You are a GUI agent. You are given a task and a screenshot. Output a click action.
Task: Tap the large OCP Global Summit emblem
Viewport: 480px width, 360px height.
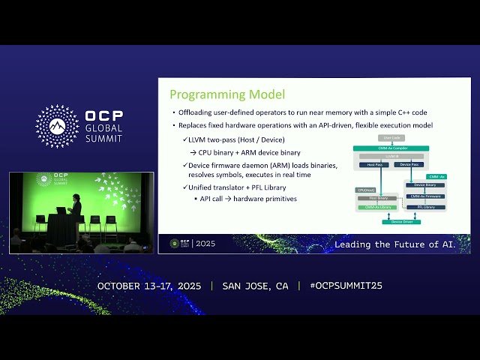[x=57, y=126]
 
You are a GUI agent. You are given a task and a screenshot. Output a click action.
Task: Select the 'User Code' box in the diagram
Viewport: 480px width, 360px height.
[x=392, y=138]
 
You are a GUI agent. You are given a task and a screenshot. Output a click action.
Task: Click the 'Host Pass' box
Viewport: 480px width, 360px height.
[x=370, y=164]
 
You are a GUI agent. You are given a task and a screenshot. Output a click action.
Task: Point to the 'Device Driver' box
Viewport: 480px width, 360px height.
[x=401, y=222]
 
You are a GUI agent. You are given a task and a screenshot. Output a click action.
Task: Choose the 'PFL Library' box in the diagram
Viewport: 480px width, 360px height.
[x=425, y=207]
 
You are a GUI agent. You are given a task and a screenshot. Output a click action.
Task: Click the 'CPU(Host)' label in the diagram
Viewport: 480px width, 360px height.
[x=365, y=191]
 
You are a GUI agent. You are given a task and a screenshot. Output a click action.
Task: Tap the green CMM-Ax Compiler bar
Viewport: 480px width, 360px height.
[x=391, y=148]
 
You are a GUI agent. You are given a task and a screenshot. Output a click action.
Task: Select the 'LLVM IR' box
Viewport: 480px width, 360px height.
[x=391, y=156]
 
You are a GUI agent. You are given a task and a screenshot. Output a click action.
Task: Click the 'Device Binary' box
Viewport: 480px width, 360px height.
[x=425, y=184]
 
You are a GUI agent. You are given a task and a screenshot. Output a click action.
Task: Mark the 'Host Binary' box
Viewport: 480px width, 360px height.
[x=376, y=198]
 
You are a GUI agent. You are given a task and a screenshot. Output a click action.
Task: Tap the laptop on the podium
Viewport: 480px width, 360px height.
[x=60, y=211]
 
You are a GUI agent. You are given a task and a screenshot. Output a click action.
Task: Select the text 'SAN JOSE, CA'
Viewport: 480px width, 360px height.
[x=255, y=286]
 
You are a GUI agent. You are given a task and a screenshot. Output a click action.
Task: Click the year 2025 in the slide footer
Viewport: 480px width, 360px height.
[x=205, y=244]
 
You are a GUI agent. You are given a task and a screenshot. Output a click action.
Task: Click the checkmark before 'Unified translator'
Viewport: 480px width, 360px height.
[x=185, y=187]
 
